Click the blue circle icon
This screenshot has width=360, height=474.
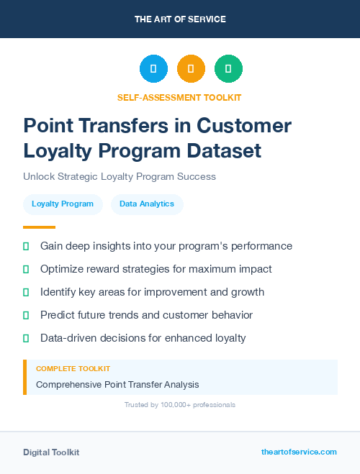(x=153, y=69)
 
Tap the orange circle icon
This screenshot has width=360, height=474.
(x=191, y=69)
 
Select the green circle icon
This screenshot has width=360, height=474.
(x=228, y=69)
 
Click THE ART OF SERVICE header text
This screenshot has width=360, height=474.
(x=180, y=19)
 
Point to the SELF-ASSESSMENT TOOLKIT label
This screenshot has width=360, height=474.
(x=179, y=97)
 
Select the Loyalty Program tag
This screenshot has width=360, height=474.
(x=63, y=204)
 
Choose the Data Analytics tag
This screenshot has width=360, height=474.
(x=147, y=204)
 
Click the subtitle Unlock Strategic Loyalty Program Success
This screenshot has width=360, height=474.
(x=120, y=176)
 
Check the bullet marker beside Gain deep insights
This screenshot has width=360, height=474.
(x=26, y=246)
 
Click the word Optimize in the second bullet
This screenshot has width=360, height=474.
(x=62, y=269)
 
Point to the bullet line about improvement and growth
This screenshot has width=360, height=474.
(x=152, y=292)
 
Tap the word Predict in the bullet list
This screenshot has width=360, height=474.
(x=58, y=315)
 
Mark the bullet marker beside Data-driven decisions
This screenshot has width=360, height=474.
(x=26, y=338)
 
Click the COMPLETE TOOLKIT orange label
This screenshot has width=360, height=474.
(x=73, y=368)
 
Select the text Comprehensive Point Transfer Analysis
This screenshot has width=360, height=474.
(x=117, y=385)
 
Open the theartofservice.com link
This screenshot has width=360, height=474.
(x=299, y=452)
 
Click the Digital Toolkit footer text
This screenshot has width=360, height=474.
(x=51, y=452)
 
